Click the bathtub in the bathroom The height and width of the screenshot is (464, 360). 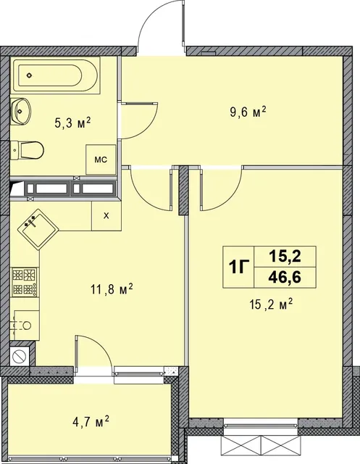coord(55,75)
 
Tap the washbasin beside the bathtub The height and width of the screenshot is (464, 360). coord(21,111)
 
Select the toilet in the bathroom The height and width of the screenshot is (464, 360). coord(28,150)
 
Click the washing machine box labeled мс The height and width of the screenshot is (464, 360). coord(101,159)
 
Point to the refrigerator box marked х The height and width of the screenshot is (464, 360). coord(106,216)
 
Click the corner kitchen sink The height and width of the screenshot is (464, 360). coord(38,229)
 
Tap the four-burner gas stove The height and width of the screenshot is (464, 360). coord(25,282)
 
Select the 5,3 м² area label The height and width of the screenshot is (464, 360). coord(72,123)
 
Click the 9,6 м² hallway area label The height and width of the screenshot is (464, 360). coord(248,112)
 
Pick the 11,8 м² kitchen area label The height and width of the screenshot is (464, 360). coord(112,289)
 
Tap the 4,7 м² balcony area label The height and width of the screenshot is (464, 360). coord(91,421)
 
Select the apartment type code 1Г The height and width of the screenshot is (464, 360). coord(239,268)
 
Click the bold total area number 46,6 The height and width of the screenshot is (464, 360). coord(285,278)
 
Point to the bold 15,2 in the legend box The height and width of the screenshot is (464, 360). coord(285,256)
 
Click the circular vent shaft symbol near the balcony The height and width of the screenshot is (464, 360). coord(20,355)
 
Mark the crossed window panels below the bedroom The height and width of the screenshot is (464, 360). coord(261,446)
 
